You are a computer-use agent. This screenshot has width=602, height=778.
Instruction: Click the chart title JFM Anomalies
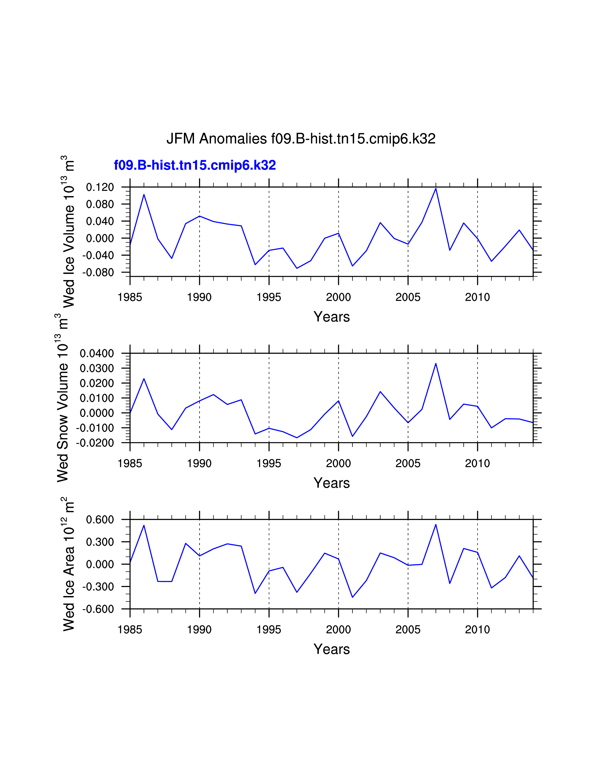point(301,139)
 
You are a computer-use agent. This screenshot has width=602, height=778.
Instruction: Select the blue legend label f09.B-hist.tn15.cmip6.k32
point(195,165)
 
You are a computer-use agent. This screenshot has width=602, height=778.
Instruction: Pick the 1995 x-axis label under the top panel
point(269,297)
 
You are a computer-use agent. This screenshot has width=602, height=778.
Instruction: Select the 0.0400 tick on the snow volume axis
point(97,353)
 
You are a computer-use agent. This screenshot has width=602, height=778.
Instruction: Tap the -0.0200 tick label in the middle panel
point(95,443)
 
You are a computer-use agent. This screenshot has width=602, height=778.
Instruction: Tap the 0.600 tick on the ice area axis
point(100,520)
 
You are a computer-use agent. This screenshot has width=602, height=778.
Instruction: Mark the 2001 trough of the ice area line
point(352,597)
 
